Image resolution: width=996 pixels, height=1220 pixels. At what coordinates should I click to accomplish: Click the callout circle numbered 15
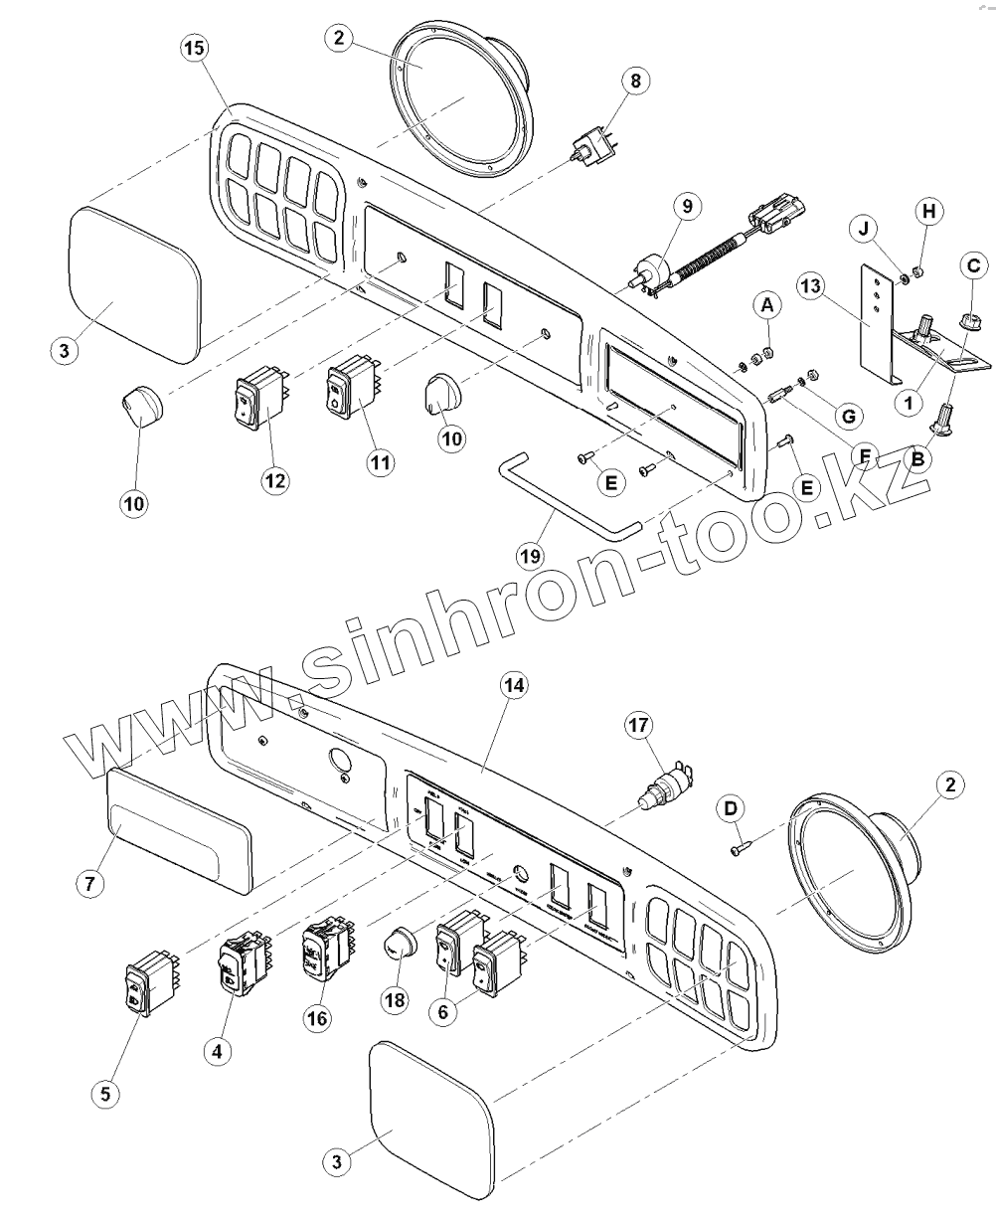[195, 48]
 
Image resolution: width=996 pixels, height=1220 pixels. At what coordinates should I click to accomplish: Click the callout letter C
[973, 265]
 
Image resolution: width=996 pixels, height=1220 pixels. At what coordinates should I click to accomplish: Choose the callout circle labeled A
[766, 306]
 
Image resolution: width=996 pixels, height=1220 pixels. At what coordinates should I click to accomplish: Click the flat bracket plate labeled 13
[875, 318]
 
